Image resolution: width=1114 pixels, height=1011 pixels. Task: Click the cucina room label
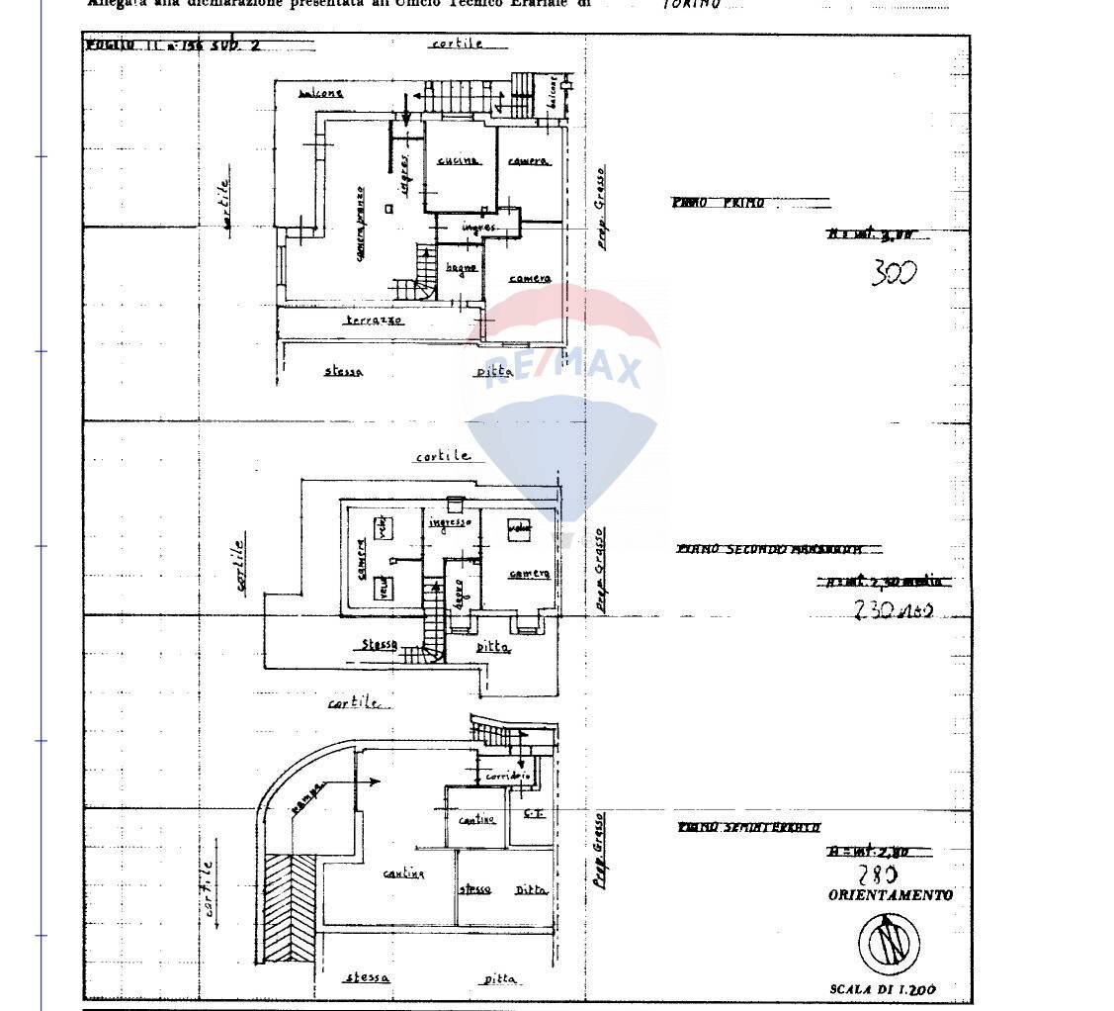click(x=458, y=160)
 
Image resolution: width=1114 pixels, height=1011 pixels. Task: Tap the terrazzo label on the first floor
click(x=374, y=321)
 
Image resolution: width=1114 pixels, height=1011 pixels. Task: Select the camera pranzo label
click(x=361, y=224)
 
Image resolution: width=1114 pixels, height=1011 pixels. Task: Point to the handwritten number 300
click(x=894, y=272)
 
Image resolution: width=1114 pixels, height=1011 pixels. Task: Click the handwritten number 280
click(x=877, y=874)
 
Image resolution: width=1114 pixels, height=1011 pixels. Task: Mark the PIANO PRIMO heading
click(x=719, y=203)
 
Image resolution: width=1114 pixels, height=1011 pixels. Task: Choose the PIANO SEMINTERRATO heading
click(x=748, y=827)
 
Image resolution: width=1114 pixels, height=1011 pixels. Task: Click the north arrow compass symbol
click(x=889, y=941)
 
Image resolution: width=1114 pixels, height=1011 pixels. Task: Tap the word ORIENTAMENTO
click(x=890, y=895)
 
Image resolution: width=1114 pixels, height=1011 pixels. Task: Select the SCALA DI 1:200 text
click(x=883, y=988)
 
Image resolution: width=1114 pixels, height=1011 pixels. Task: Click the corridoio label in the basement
click(x=508, y=777)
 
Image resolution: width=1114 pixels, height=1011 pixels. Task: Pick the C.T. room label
click(x=534, y=813)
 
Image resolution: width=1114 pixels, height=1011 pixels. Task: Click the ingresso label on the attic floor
click(x=450, y=521)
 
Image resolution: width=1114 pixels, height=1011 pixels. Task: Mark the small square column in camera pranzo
click(x=390, y=209)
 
